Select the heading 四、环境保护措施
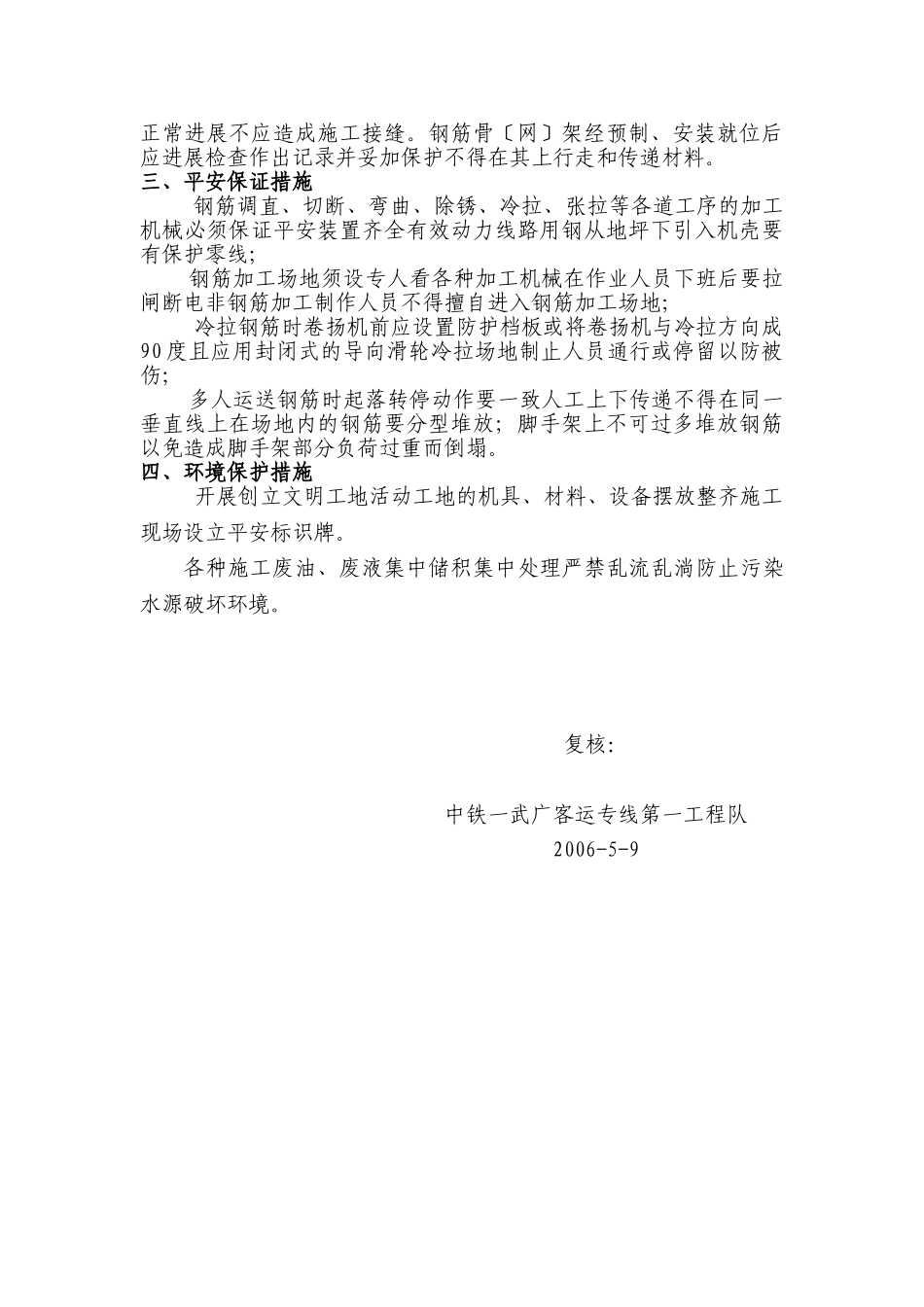coord(227,473)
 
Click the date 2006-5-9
coord(596,848)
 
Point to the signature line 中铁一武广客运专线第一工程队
coord(596,815)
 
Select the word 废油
coord(296,570)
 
